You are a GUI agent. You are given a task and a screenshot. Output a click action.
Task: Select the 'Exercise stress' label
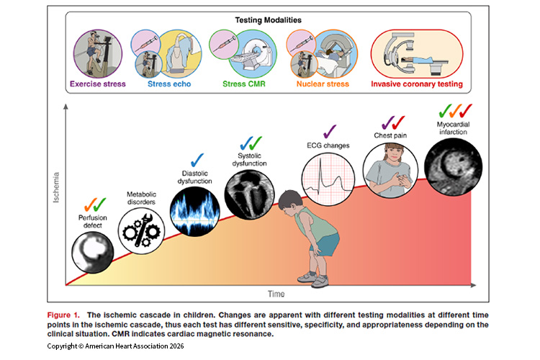98,84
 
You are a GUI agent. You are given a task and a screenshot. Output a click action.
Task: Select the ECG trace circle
328,179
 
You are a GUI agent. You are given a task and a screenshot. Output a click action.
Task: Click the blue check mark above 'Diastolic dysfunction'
192,161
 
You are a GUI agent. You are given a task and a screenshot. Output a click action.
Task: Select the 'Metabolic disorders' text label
141,199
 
